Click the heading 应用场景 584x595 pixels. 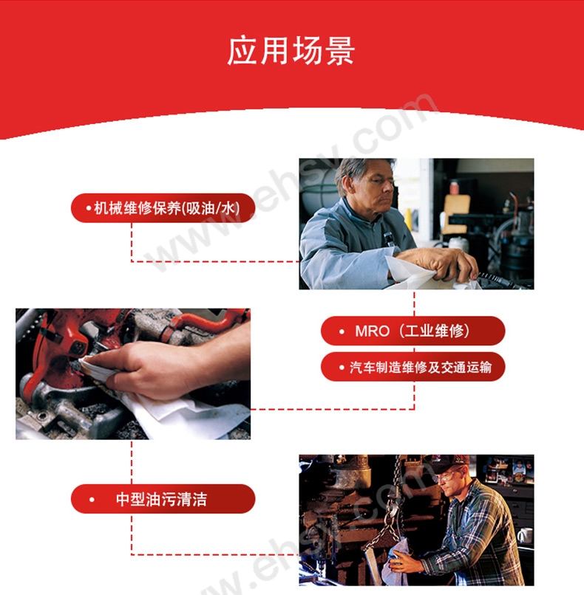[x=291, y=51]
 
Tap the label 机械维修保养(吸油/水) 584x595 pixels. [x=163, y=208]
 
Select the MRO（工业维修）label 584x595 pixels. [x=412, y=331]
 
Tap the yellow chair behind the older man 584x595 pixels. [x=455, y=214]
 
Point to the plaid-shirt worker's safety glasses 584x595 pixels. [x=447, y=475]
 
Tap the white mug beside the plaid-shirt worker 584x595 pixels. [x=525, y=535]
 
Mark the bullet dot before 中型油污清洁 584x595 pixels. [x=92, y=499]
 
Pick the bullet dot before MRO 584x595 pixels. [x=342, y=331]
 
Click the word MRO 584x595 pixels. [x=372, y=331]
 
